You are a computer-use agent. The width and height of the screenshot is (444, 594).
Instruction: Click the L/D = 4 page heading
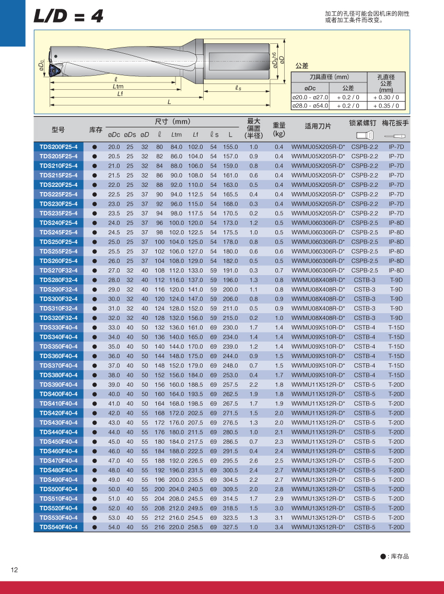point(68,17)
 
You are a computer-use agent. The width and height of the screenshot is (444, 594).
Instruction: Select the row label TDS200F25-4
point(59,147)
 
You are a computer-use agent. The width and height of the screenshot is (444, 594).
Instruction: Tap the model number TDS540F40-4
point(59,527)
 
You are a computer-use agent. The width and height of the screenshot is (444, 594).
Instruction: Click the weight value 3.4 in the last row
point(279,527)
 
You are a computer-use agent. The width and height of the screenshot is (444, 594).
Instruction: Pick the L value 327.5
point(230,527)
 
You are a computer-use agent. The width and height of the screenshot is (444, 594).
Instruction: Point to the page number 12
point(14,569)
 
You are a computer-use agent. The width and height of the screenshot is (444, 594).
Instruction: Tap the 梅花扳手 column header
point(395,123)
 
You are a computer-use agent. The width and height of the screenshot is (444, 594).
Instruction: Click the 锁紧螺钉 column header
point(363,123)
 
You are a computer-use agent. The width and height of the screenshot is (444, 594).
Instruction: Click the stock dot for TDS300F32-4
point(95,299)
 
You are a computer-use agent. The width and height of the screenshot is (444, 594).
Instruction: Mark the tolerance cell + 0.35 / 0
point(387,105)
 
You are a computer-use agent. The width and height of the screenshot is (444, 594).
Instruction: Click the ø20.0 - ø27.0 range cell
point(310,97)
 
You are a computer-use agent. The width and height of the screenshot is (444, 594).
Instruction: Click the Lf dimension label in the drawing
point(120,94)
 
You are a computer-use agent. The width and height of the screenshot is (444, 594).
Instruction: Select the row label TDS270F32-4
point(59,270)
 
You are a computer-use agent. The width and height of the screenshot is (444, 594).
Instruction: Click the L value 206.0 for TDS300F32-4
point(230,299)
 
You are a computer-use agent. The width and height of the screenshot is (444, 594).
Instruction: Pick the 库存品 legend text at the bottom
point(398,556)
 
